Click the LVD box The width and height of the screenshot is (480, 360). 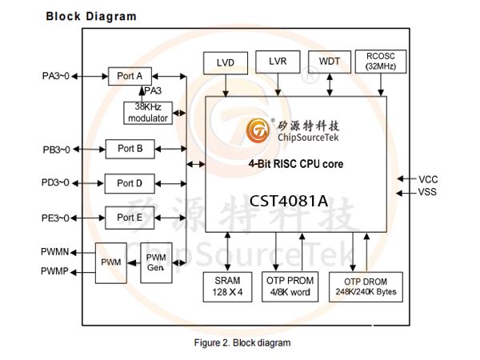(x=226, y=63)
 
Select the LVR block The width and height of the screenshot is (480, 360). (x=278, y=62)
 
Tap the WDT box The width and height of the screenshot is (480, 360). (x=330, y=62)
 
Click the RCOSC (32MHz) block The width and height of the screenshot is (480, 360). (x=381, y=62)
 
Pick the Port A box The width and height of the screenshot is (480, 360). (x=130, y=76)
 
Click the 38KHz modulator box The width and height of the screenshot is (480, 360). (x=148, y=113)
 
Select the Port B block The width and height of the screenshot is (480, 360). (x=130, y=149)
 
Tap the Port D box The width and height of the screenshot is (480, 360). (x=130, y=184)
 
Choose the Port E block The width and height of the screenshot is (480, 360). (x=130, y=218)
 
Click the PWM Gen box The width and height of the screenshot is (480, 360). (x=156, y=262)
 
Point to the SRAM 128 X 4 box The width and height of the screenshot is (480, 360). (x=227, y=287)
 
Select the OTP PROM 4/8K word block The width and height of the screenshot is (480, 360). (x=290, y=286)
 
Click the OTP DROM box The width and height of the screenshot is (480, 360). (x=366, y=287)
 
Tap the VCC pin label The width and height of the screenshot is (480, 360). (x=428, y=179)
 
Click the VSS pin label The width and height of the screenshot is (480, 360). (x=427, y=192)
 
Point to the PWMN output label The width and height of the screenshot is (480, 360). (x=54, y=252)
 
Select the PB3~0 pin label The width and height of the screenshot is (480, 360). (x=56, y=150)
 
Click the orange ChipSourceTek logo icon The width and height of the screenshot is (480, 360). (x=258, y=130)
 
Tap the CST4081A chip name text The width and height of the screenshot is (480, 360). (x=289, y=201)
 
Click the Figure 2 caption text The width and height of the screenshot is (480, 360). (x=242, y=342)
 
